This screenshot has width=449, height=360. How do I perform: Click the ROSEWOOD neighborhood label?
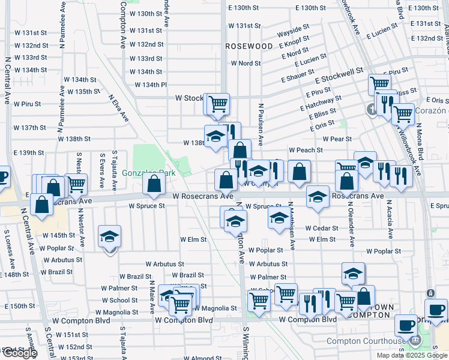(x=249, y=46)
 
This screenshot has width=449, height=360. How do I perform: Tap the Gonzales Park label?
(x=139, y=173)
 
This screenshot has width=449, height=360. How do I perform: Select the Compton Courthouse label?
(x=366, y=341)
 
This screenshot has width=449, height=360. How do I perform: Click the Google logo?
(x=19, y=353)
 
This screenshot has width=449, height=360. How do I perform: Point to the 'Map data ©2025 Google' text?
(x=411, y=355)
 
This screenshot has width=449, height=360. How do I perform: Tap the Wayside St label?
(x=293, y=28)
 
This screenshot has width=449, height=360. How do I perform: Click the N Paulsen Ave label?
(x=261, y=124)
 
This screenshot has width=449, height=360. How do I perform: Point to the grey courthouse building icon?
(x=415, y=341)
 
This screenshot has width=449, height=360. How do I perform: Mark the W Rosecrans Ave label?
(x=203, y=196)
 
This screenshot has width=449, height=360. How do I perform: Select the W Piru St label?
(x=26, y=104)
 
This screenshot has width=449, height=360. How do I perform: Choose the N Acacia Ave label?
(x=389, y=217)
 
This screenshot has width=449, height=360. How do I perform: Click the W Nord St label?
(x=246, y=63)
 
